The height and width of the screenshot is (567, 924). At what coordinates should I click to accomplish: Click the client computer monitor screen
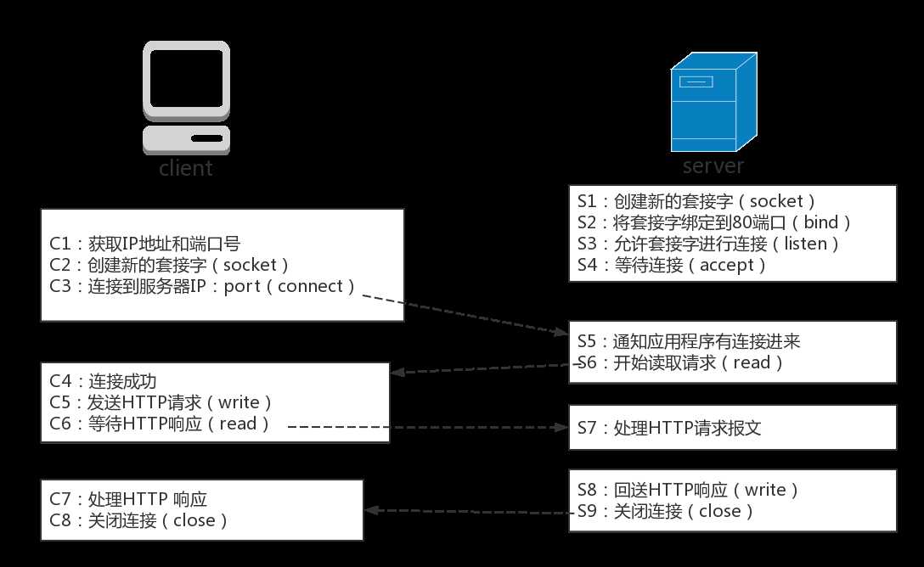point(187,77)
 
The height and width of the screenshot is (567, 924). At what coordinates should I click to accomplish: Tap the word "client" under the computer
point(186,168)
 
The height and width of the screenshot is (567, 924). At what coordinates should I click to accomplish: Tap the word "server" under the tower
point(713,165)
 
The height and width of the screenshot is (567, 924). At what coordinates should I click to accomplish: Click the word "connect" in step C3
point(316,286)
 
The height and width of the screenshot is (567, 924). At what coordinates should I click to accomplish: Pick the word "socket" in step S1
point(776,202)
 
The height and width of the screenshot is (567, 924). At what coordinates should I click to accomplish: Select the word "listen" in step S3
point(807,244)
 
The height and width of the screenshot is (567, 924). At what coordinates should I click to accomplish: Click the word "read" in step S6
point(752,363)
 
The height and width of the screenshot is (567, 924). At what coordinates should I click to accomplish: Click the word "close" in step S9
point(720,511)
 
